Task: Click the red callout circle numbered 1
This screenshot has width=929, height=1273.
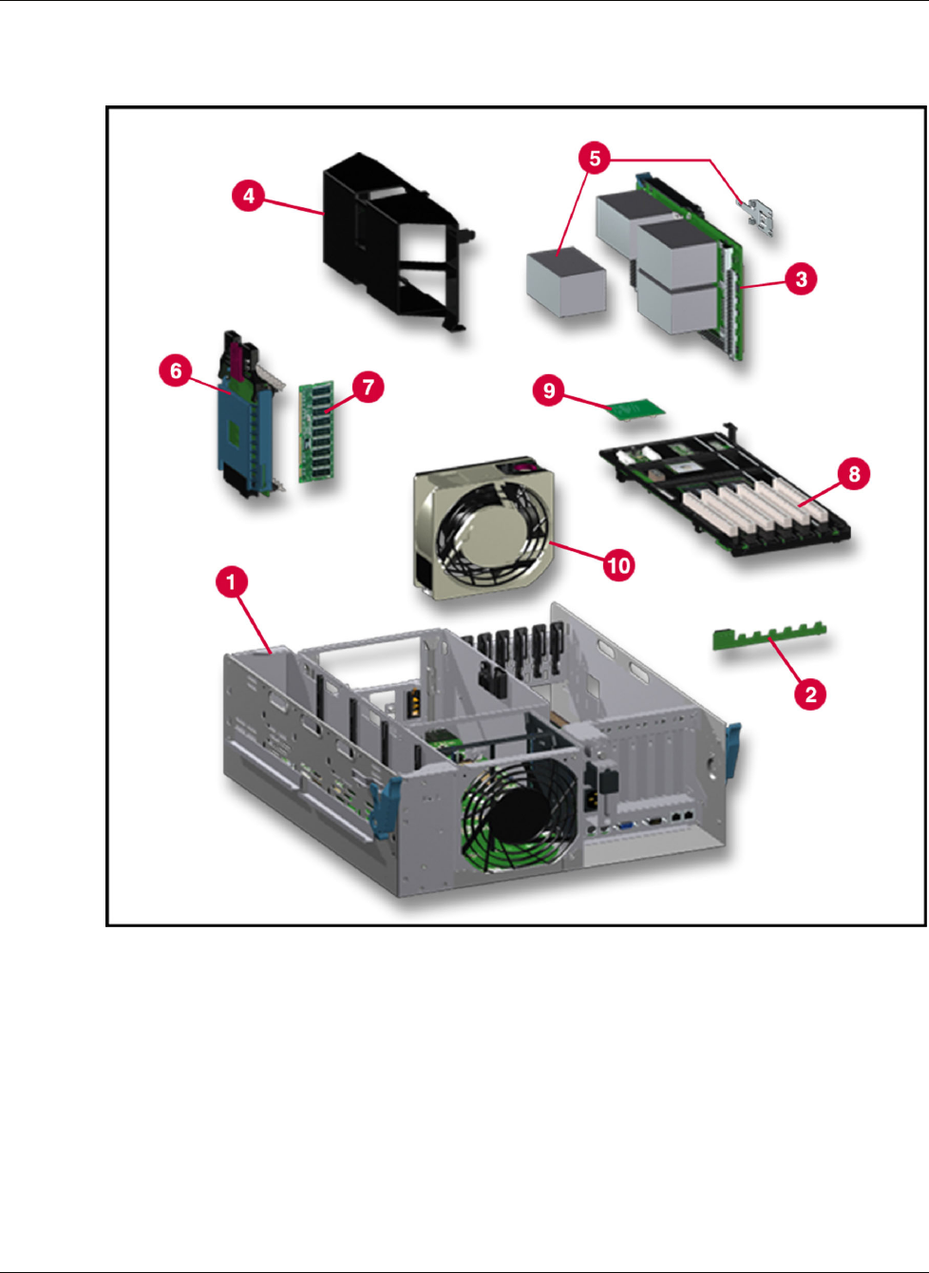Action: tap(232, 582)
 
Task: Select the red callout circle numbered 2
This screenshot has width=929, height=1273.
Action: tap(810, 693)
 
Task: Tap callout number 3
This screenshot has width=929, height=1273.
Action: tap(801, 279)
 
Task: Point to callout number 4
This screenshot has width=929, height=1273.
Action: tap(249, 196)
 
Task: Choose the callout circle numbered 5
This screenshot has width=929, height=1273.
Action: tap(595, 158)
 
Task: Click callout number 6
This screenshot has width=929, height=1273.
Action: tap(176, 370)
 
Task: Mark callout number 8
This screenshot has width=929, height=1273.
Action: tap(854, 473)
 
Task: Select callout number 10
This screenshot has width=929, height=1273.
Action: tap(618, 565)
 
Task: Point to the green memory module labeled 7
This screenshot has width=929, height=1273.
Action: tap(316, 432)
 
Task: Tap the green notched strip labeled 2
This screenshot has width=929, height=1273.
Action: tap(770, 636)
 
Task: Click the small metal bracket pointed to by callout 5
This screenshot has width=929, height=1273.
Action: tap(756, 217)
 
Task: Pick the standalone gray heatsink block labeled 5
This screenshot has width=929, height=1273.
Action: tap(566, 282)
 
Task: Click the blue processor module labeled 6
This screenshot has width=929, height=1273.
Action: tap(250, 415)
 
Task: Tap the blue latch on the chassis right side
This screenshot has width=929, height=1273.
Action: tap(733, 750)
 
